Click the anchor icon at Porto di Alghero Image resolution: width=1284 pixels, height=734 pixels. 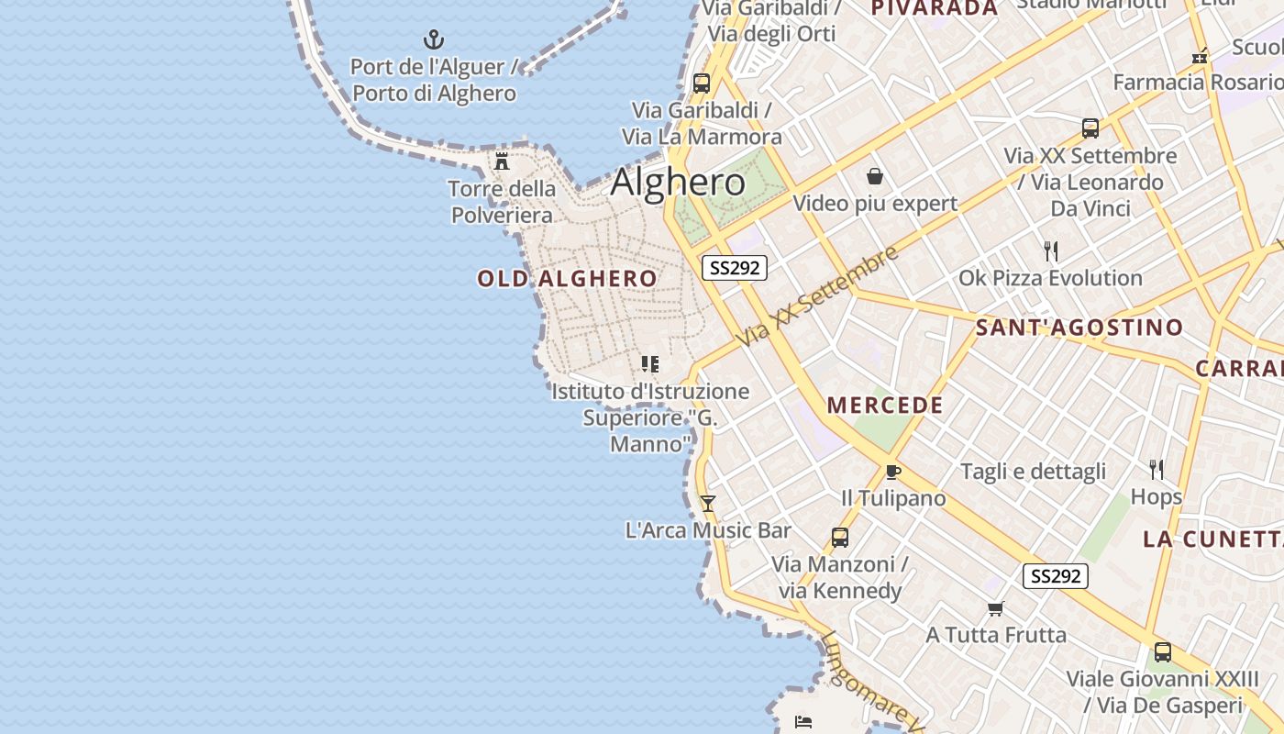click(x=433, y=39)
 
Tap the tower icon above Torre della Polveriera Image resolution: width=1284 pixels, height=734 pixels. click(x=502, y=161)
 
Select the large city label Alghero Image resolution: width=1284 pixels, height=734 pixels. click(x=678, y=182)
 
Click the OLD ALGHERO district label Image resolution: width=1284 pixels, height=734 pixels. click(x=567, y=279)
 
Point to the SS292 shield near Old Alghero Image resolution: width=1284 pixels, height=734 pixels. click(x=734, y=268)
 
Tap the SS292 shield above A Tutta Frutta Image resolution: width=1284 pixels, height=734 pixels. click(x=1055, y=576)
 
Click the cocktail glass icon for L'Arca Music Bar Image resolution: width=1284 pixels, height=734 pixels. click(x=707, y=503)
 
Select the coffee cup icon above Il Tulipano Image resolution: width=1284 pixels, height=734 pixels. click(x=892, y=472)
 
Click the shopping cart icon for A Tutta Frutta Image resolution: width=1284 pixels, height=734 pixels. click(x=995, y=608)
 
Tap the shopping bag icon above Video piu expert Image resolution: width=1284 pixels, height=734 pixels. click(x=875, y=175)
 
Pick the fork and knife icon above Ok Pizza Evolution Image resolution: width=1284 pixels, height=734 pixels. click(x=1051, y=250)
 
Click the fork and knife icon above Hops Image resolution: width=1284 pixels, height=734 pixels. click(x=1157, y=470)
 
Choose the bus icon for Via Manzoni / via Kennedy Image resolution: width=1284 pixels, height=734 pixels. click(x=839, y=538)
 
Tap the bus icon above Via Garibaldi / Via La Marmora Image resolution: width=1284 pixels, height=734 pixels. click(x=702, y=83)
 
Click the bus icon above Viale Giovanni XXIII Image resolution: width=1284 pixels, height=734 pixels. click(x=1162, y=652)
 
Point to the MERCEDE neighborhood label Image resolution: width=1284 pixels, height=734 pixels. click(x=885, y=406)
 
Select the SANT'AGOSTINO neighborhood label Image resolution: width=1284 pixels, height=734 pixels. click(x=1079, y=328)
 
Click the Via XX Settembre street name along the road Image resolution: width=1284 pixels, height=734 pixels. click(x=819, y=296)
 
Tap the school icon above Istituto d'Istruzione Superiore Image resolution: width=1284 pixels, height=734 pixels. click(x=650, y=364)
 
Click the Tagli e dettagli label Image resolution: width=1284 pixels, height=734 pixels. click(x=1033, y=472)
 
